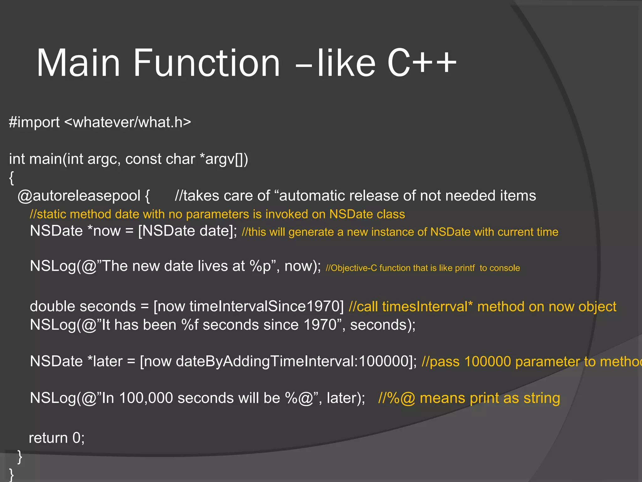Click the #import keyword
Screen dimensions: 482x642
point(34,122)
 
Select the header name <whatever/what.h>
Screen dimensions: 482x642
point(128,122)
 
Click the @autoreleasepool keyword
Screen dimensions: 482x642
point(79,196)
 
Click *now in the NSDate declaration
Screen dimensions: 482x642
point(104,231)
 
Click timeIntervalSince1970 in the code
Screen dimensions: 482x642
point(264,307)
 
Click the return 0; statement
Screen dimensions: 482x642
point(56,438)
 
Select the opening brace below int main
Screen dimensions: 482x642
point(12,178)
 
